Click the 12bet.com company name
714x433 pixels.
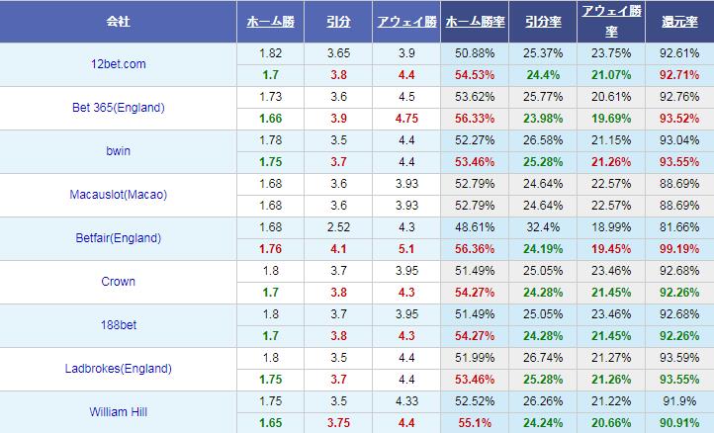pyautogui.click(x=118, y=64)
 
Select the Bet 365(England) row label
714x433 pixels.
pyautogui.click(x=118, y=108)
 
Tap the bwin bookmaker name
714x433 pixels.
pyautogui.click(x=118, y=151)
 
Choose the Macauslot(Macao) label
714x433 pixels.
pyautogui.click(x=118, y=195)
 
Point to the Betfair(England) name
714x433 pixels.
pyautogui.click(x=118, y=238)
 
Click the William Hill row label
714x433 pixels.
pyautogui.click(x=118, y=411)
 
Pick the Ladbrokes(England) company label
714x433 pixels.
pyautogui.click(x=118, y=369)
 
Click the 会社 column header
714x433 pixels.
pyautogui.click(x=118, y=21)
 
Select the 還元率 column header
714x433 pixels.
pyautogui.click(x=678, y=21)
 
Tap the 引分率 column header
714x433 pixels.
pyautogui.click(x=542, y=21)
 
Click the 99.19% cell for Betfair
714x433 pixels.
pyautogui.click(x=678, y=249)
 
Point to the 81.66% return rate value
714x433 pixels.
pyautogui.click(x=678, y=227)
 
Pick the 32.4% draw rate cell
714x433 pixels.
pyautogui.click(x=542, y=227)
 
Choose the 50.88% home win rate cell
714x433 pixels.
pyautogui.click(x=476, y=53)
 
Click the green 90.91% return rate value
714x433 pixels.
pyautogui.click(x=678, y=422)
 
